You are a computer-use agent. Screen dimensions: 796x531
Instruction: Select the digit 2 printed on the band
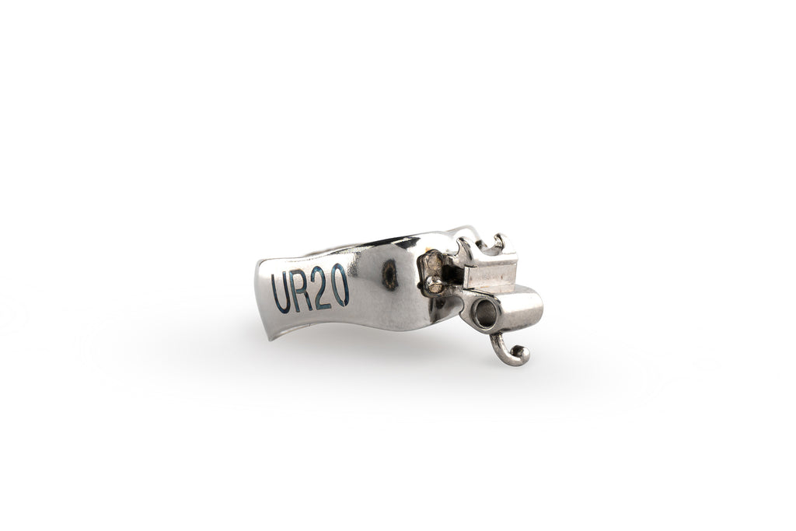click(x=322, y=288)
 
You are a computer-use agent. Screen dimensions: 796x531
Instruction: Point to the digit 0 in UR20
click(x=340, y=285)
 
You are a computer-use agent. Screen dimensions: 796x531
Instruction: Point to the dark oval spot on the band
click(x=390, y=274)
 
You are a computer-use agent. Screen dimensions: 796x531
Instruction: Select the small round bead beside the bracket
click(x=433, y=285)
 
